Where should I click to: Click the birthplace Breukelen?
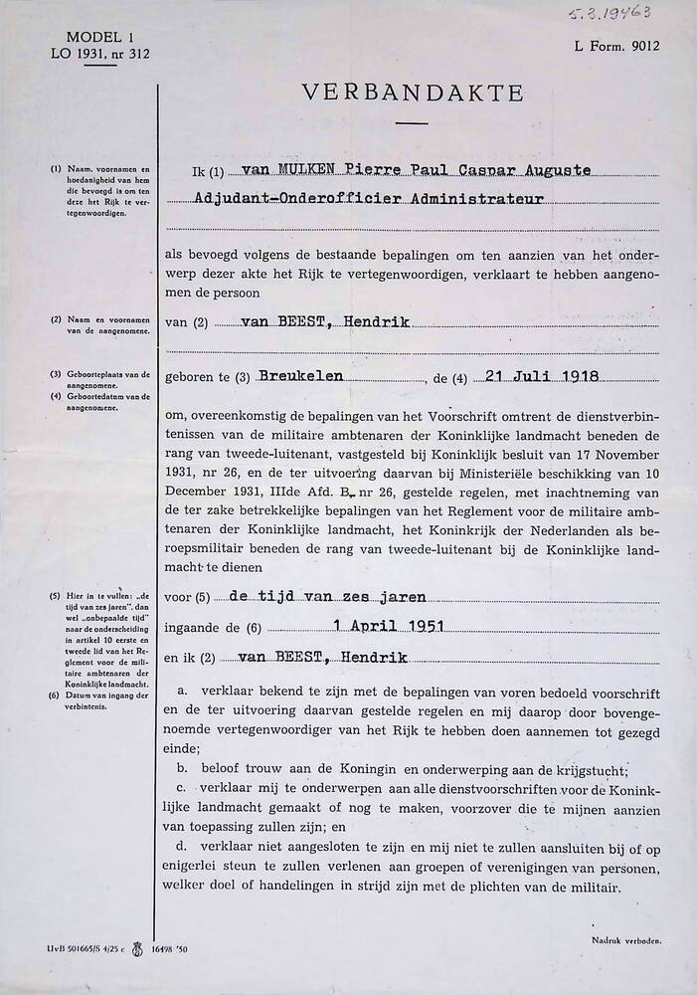click(x=299, y=378)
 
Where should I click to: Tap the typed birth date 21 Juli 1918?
click(x=541, y=378)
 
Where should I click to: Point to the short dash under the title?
click(x=410, y=123)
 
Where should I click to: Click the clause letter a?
click(x=182, y=690)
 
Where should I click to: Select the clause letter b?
click(x=182, y=770)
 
